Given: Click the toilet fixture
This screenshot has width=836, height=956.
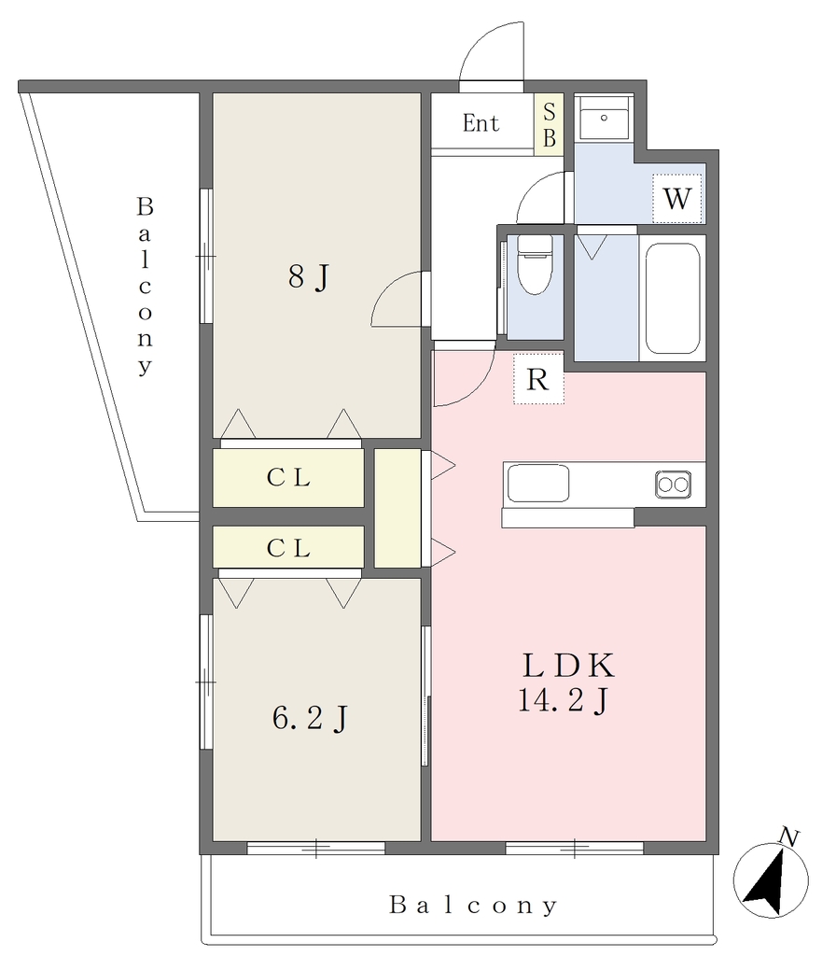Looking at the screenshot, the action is pyautogui.click(x=535, y=264).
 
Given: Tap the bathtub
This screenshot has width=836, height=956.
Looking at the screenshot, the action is pyautogui.click(x=673, y=298).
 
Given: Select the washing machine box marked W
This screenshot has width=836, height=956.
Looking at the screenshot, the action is pyautogui.click(x=677, y=198).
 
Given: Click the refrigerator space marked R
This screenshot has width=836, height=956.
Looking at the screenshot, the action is pyautogui.click(x=538, y=379).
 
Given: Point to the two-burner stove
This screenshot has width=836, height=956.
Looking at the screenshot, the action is pyautogui.click(x=674, y=485).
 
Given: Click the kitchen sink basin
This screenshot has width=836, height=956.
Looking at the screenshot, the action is pyautogui.click(x=538, y=484).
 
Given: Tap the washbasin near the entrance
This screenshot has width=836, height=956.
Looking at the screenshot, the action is pyautogui.click(x=604, y=119).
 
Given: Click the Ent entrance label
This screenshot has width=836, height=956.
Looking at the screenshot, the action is pyautogui.click(x=481, y=123).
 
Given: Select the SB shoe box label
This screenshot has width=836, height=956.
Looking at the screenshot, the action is pyautogui.click(x=549, y=125).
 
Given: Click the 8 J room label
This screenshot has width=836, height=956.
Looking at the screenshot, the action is pyautogui.click(x=309, y=276).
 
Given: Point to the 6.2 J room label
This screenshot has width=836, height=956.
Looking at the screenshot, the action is pyautogui.click(x=310, y=718).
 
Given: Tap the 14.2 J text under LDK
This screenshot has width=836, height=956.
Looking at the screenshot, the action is pyautogui.click(x=563, y=699).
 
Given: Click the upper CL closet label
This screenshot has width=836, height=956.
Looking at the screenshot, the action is pyautogui.click(x=288, y=477).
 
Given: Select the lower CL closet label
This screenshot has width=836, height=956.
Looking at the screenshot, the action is pyautogui.click(x=288, y=548).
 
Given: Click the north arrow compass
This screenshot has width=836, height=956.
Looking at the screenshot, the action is pyautogui.click(x=771, y=880).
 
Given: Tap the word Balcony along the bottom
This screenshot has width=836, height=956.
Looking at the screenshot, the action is pyautogui.click(x=473, y=905).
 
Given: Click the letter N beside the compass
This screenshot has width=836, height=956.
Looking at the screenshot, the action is pyautogui.click(x=789, y=836).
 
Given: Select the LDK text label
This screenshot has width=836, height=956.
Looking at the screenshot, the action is pyautogui.click(x=568, y=666).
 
